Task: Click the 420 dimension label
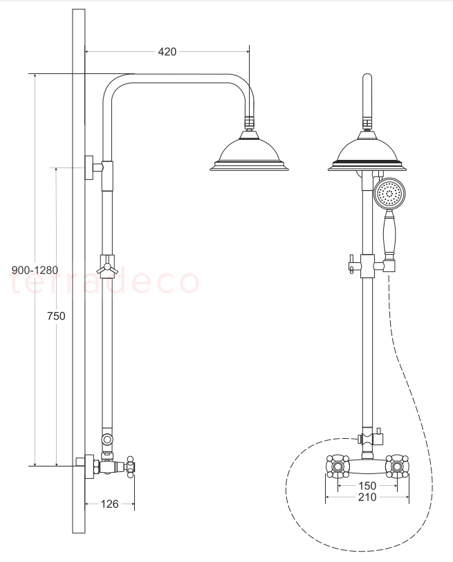tap(167, 52)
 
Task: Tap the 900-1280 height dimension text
tap(35, 270)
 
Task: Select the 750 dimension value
tap(56, 316)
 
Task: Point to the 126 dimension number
tap(109, 504)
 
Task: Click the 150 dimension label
tap(367, 486)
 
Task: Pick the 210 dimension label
tap(367, 497)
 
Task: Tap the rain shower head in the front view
tap(367, 151)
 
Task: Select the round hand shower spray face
tap(389, 194)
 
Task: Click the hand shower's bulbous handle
tap(389, 234)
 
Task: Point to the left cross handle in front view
tap(337, 466)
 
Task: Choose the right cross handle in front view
tap(397, 466)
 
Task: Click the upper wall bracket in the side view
tap(94, 167)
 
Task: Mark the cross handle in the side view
tap(130, 466)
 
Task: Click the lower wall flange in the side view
tap(89, 466)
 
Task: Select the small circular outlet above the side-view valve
tap(107, 439)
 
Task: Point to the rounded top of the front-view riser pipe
tap(367, 77)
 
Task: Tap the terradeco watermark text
tap(104, 282)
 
